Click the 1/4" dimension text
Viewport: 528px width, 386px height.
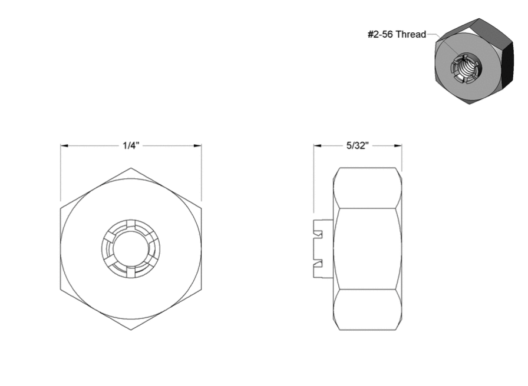coord(131,145)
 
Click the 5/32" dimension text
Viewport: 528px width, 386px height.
coord(358,145)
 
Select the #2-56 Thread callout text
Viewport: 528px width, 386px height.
coord(397,34)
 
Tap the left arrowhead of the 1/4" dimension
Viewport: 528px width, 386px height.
coord(64,146)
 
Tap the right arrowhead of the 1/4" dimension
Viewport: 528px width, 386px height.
coord(197,146)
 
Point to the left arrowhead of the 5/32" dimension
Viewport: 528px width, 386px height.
coord(318,146)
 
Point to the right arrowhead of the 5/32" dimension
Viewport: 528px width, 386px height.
coord(398,146)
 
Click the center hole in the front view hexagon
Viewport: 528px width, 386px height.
coord(130,249)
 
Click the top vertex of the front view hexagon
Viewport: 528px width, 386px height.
coord(131,168)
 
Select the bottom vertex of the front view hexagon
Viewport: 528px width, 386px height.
coord(131,330)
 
